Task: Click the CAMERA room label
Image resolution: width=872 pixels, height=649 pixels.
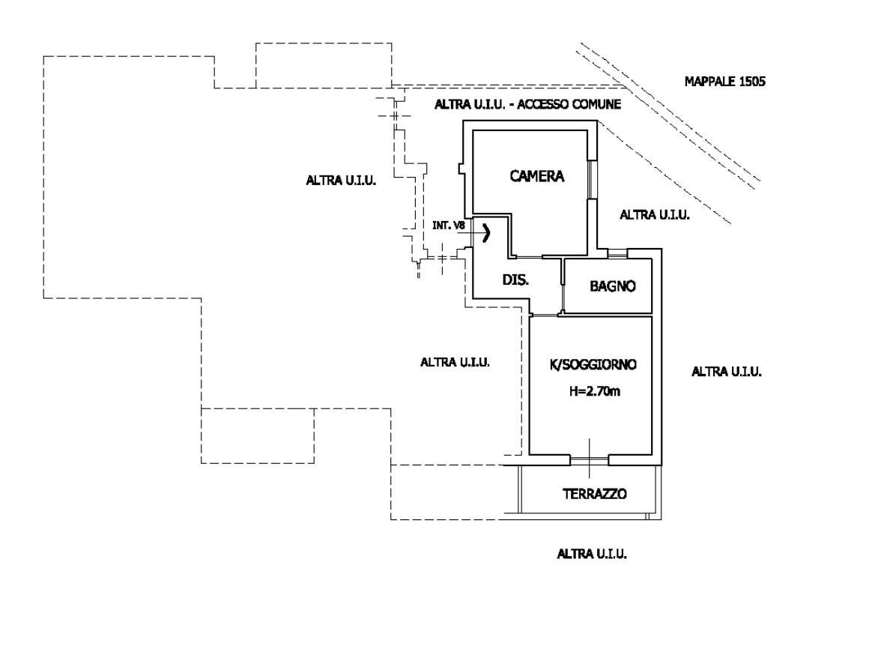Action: coord(536,177)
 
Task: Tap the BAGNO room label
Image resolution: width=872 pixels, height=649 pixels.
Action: coord(613,286)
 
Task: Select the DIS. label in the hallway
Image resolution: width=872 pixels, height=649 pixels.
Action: coord(515,280)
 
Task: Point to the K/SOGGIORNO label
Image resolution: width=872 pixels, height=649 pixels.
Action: coord(593,365)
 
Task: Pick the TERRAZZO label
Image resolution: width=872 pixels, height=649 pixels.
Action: coord(594,494)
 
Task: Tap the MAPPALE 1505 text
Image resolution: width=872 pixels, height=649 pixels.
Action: coord(724,81)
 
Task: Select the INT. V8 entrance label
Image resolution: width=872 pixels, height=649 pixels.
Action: coord(449,225)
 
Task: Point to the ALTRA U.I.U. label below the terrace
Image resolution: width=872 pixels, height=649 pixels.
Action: coord(592,555)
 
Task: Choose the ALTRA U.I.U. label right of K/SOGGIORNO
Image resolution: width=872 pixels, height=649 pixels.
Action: coord(727,371)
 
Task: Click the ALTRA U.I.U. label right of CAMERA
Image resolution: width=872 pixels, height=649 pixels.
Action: coord(655,215)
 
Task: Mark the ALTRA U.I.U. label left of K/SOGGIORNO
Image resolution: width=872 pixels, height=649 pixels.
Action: coord(455,362)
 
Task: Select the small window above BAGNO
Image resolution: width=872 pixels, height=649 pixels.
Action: coord(617,253)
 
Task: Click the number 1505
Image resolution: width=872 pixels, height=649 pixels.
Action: coord(751,81)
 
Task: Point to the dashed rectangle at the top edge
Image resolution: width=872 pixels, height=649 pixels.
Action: coord(324,65)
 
